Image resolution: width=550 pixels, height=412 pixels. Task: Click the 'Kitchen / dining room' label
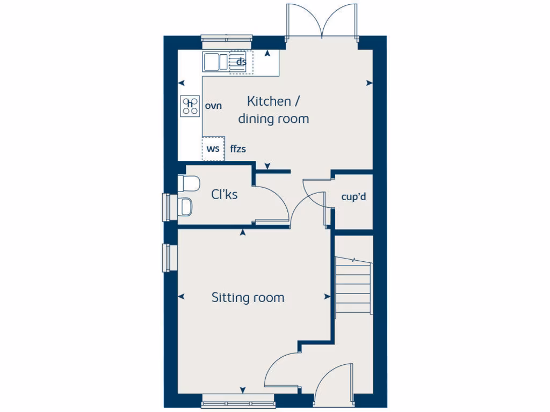pos(274,110)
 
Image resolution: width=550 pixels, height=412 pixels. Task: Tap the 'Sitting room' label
pos(248,297)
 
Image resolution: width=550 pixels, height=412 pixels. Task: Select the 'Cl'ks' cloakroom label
pos(225,195)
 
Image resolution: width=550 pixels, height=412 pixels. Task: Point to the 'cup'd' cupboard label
pos(353,197)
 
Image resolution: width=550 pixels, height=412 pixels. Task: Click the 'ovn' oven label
pos(213,106)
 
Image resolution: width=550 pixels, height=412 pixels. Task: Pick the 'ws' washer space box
pos(213,149)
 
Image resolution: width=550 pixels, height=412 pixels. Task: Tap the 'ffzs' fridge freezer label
pos(238,149)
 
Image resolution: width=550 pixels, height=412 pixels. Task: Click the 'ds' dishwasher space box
pos(238,62)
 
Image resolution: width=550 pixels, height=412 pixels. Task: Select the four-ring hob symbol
pos(190,106)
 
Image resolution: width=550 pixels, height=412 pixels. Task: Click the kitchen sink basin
pos(211,62)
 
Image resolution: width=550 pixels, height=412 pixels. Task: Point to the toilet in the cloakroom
pos(189,183)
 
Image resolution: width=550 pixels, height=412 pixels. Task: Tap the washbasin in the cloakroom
pos(186,206)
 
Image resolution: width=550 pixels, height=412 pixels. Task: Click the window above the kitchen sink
pos(227,39)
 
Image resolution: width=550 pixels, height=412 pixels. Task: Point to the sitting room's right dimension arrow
pos(327,297)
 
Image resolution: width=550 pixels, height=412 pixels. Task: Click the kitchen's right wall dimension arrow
pos(370,83)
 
